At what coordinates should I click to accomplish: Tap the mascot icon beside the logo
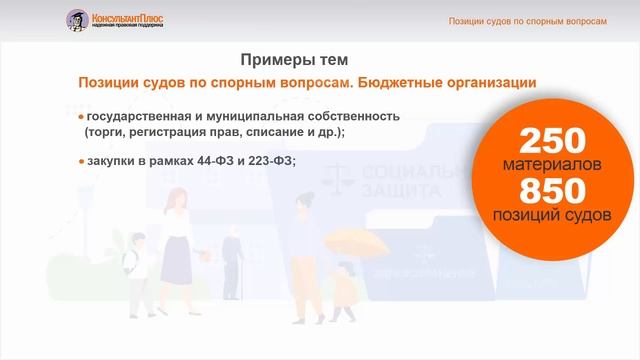(x=76, y=19)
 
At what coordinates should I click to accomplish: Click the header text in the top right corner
(x=527, y=20)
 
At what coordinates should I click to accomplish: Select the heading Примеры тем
(x=294, y=59)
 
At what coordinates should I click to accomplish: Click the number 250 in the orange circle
(x=551, y=141)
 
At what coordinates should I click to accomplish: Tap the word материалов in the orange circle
(x=551, y=163)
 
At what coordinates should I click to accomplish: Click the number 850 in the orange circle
(x=551, y=190)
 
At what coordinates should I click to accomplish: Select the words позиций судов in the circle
(x=552, y=214)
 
